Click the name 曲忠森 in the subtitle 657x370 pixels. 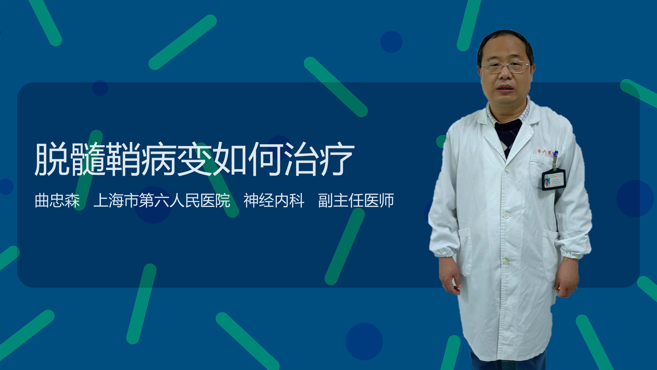(57, 200)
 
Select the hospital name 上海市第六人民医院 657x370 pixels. (162, 200)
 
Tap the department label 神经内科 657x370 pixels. (274, 200)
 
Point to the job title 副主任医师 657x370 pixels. (356, 200)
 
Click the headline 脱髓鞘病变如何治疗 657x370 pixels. (194, 159)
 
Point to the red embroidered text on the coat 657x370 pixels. (545, 151)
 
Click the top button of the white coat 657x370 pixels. (507, 169)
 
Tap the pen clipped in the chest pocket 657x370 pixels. (555, 160)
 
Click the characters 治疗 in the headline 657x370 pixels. (320, 159)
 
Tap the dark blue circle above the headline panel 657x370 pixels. (391, 42)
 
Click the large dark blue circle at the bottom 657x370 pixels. (364, 342)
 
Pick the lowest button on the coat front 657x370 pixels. (506, 261)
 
